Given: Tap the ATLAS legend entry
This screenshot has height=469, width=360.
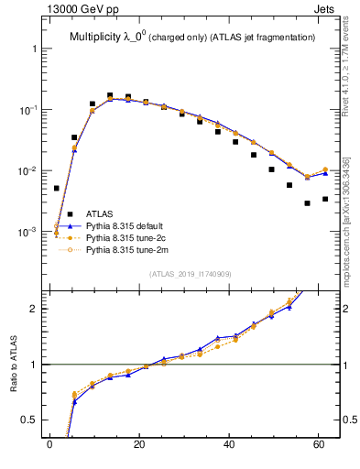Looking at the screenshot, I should [x=99, y=213].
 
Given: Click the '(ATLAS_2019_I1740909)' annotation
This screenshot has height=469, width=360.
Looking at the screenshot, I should [x=190, y=274].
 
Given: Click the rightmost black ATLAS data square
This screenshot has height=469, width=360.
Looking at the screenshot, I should [x=325, y=199].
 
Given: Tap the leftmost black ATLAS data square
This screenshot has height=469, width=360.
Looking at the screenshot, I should [x=56, y=188].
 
